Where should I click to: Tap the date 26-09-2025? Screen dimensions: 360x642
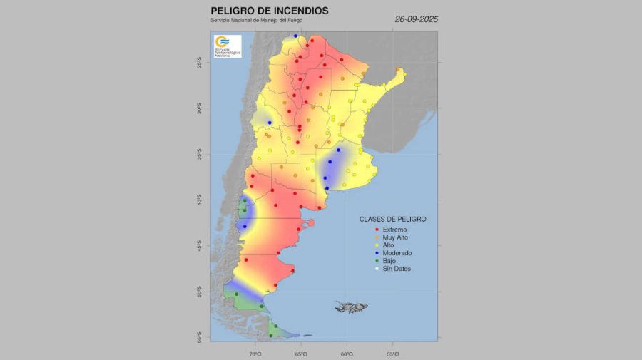pos(416,19)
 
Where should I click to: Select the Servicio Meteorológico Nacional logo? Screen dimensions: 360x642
pos(228,46)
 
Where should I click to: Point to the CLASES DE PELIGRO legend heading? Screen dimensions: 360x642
pos(392,219)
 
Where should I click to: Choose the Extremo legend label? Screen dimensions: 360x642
pos(394,229)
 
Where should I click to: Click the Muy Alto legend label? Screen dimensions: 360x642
pos(395,237)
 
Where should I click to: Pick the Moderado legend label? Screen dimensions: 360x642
pos(397,253)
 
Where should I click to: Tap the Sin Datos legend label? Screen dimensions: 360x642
pos(397,269)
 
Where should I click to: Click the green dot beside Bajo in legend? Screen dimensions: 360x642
pos(377,261)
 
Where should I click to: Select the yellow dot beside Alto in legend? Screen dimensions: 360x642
pos(377,245)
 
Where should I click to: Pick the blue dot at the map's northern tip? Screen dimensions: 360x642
pos(295,36)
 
